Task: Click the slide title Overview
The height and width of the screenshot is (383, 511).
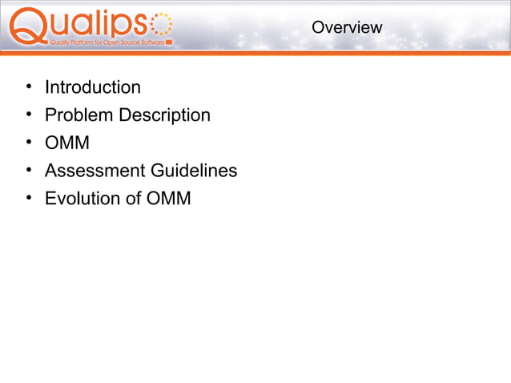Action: [x=347, y=27]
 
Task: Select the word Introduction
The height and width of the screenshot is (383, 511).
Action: [x=92, y=87]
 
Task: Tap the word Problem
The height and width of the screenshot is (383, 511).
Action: [x=79, y=115]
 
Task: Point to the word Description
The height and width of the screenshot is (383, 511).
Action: [x=165, y=115]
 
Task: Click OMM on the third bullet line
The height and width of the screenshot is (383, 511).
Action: [x=67, y=143]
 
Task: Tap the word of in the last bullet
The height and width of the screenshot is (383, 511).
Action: [x=133, y=198]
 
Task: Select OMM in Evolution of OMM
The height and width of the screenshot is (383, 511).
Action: [x=168, y=198]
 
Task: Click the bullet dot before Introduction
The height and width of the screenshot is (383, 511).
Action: [x=28, y=87]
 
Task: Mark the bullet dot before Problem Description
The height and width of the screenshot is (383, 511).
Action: [x=28, y=115]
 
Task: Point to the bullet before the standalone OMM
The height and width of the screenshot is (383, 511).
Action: [x=28, y=143]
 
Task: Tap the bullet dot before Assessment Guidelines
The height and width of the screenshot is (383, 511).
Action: [x=28, y=171]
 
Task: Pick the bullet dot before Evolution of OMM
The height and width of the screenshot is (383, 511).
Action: [x=28, y=198]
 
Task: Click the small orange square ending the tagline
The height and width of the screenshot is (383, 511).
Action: [x=168, y=42]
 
